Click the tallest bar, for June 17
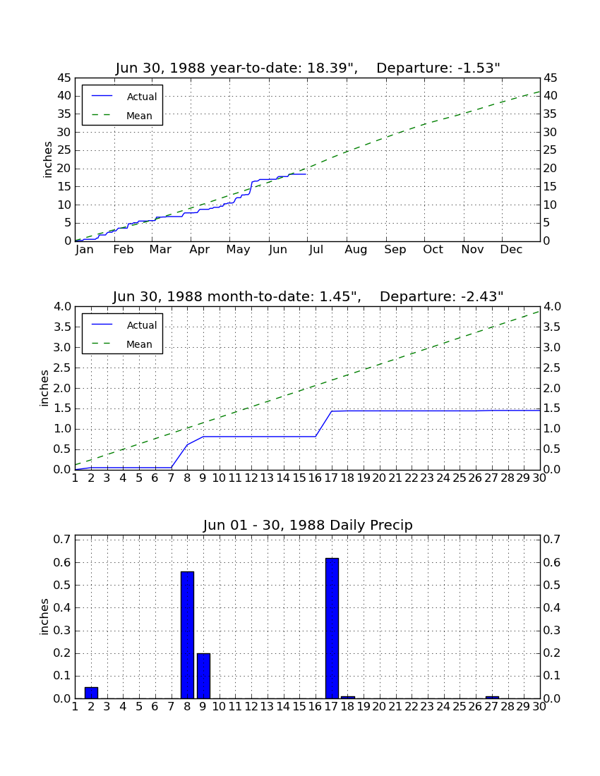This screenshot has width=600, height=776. (332, 628)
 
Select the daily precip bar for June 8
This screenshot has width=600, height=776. (187, 635)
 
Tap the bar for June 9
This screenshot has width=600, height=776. (203, 676)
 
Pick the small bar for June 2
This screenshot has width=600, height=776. (91, 692)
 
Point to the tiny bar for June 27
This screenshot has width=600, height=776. (492, 697)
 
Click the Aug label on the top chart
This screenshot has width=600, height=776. (356, 250)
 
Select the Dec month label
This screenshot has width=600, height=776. (511, 250)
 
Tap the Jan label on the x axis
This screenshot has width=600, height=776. (84, 250)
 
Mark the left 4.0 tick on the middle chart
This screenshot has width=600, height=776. (62, 307)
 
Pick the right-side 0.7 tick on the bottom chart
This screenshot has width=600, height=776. (552, 539)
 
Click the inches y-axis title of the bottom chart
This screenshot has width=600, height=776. (44, 617)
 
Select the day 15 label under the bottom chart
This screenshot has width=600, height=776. (299, 707)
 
